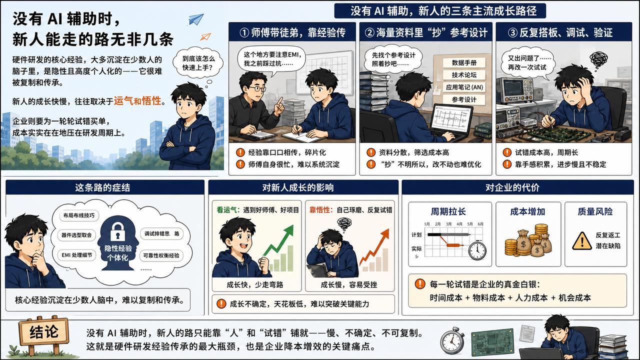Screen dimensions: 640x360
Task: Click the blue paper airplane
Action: click(x=196, y=19)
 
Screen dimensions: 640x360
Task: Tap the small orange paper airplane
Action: click(x=205, y=36)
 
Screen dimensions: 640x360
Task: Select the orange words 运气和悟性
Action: click(x=137, y=101)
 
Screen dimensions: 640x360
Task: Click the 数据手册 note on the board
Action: click(x=464, y=62)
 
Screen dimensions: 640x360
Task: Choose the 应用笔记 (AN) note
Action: click(x=464, y=87)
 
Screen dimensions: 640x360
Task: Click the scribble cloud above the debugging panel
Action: click(x=598, y=59)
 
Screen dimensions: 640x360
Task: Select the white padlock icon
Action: click(x=117, y=231)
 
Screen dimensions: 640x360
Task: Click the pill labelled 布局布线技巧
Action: click(x=78, y=215)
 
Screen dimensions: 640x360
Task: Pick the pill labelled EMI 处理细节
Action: click(x=77, y=255)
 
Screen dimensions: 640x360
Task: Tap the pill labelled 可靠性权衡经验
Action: click(x=161, y=255)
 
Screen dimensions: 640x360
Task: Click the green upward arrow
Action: click(x=278, y=240)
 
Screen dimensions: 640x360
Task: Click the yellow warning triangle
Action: click(x=582, y=241)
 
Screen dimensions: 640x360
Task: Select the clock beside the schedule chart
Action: click(x=477, y=250)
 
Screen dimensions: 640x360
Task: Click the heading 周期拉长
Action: click(x=448, y=211)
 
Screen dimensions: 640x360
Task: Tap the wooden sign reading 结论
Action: click(x=43, y=332)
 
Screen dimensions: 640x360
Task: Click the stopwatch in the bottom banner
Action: click(x=452, y=341)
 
